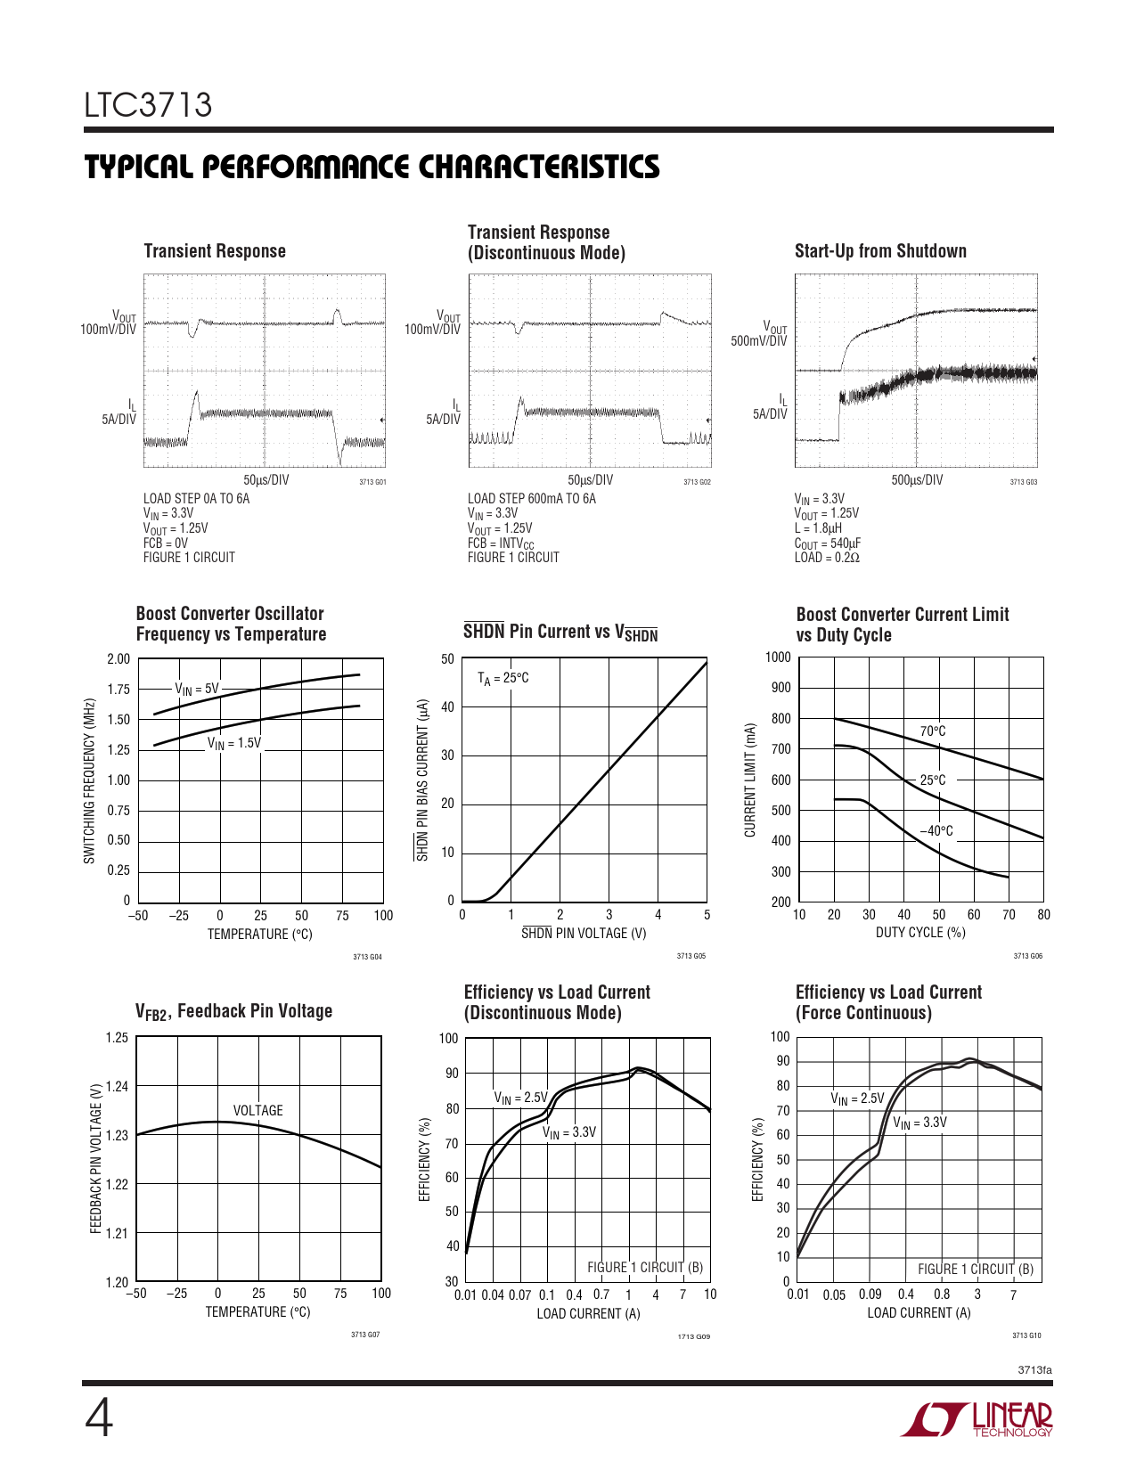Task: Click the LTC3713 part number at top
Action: pyautogui.click(x=148, y=105)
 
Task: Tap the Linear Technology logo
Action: pyautogui.click(x=977, y=1419)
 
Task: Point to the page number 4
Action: pyautogui.click(x=98, y=1418)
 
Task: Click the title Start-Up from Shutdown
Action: pyautogui.click(x=880, y=251)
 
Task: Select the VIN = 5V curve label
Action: pyautogui.click(x=196, y=689)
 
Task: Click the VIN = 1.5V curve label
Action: pyautogui.click(x=234, y=743)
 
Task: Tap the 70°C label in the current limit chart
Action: pyautogui.click(x=933, y=731)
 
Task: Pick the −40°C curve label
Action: pyautogui.click(x=936, y=831)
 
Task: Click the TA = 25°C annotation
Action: pyautogui.click(x=503, y=678)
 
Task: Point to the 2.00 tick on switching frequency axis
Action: pyautogui.click(x=119, y=659)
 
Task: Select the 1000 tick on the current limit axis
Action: pyautogui.click(x=778, y=657)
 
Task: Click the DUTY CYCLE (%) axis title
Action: pyautogui.click(x=920, y=933)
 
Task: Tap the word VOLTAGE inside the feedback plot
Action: pyautogui.click(x=257, y=1111)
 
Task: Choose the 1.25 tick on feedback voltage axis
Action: pyautogui.click(x=117, y=1038)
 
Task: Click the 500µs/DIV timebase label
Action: pyautogui.click(x=917, y=480)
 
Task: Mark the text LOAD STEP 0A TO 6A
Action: pyautogui.click(x=197, y=499)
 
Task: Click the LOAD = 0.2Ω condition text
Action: pyautogui.click(x=827, y=558)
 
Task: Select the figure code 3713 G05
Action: pyautogui.click(x=691, y=956)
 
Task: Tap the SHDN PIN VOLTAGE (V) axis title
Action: pyautogui.click(x=584, y=934)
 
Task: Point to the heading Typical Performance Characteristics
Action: pyautogui.click(x=372, y=167)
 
